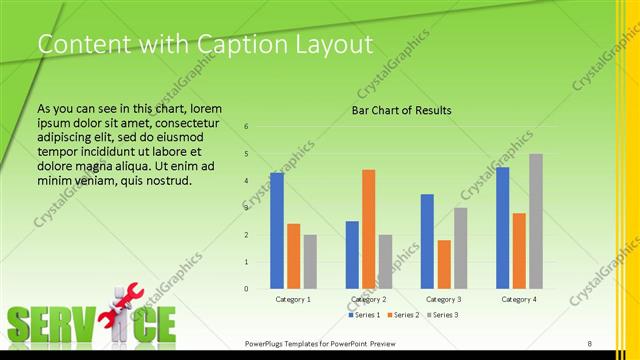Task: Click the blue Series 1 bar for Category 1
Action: click(277, 231)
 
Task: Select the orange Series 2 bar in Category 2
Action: click(369, 229)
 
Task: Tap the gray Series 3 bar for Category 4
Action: click(536, 221)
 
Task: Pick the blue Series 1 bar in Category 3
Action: click(427, 241)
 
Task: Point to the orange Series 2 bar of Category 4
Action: click(519, 251)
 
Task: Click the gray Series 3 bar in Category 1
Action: click(310, 262)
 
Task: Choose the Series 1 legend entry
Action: click(364, 315)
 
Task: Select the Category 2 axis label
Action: click(369, 299)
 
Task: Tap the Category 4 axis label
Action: click(519, 299)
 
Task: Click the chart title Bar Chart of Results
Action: click(401, 110)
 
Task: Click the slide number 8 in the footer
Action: click(590, 344)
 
